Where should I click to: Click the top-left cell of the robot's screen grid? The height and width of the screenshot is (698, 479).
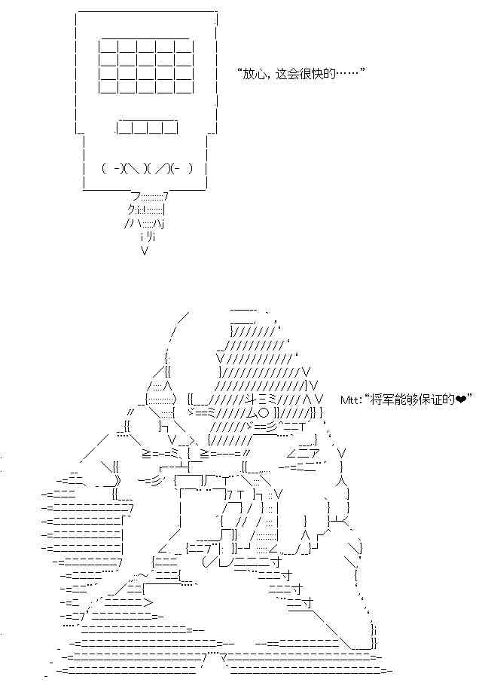pos(108,46)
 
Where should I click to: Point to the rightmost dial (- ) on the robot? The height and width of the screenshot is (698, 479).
pos(183,168)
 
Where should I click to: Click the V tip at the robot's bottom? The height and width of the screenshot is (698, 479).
pos(145,250)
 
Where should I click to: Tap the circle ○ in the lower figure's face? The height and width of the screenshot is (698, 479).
pos(264,412)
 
